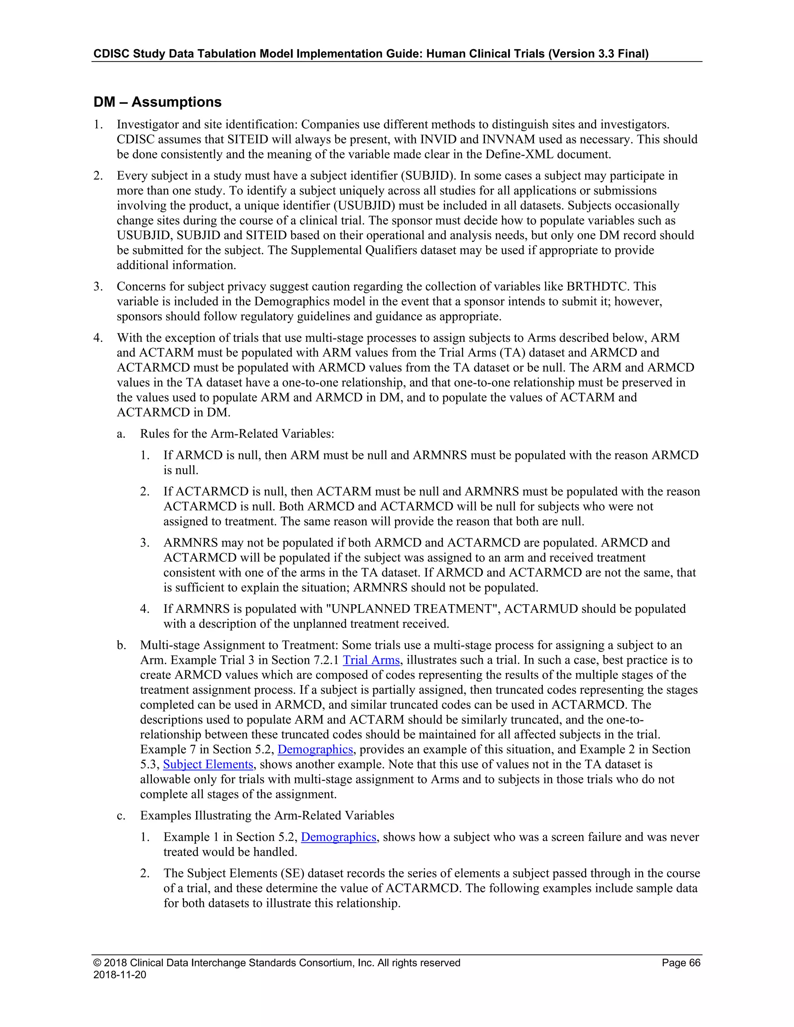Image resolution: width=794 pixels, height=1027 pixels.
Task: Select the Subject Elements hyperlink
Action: click(x=208, y=764)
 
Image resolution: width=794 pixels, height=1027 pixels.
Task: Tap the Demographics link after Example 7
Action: click(x=315, y=749)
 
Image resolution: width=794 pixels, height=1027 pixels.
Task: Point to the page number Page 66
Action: click(x=681, y=963)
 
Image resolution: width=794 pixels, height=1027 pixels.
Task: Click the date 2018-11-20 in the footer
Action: click(x=119, y=974)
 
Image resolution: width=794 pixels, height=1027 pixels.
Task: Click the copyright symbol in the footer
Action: click(x=97, y=963)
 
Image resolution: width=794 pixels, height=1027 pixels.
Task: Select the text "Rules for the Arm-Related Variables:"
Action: click(x=236, y=434)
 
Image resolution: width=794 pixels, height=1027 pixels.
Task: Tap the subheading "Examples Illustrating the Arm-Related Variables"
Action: click(x=267, y=815)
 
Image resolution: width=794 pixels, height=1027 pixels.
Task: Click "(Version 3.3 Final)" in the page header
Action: click(x=598, y=53)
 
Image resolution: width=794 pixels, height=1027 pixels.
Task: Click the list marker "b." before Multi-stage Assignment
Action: click(x=121, y=645)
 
